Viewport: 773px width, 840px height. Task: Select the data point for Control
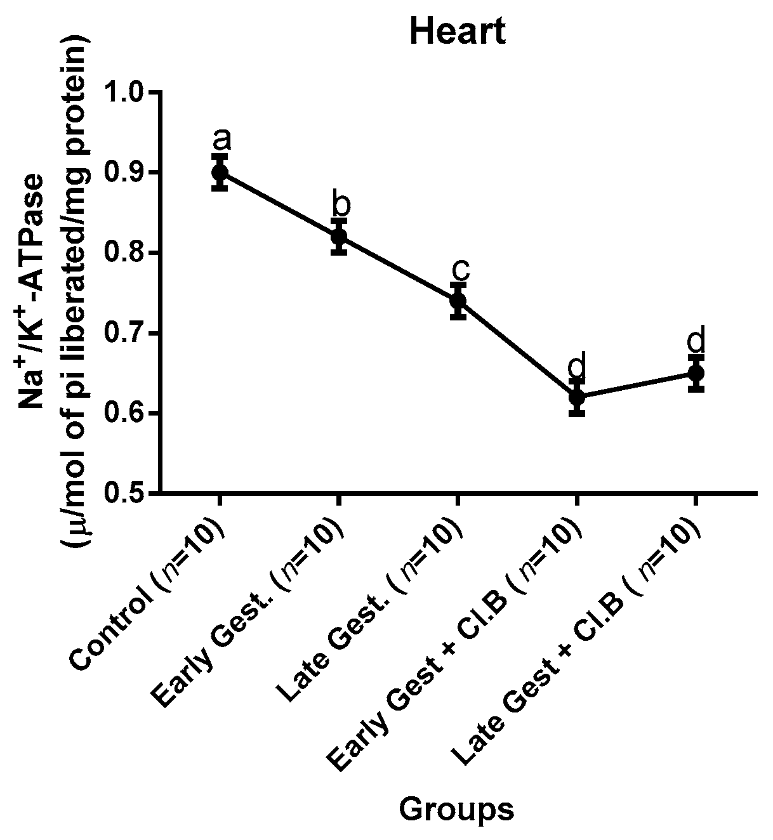[x=220, y=172]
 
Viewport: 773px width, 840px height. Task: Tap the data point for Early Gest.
[x=339, y=237]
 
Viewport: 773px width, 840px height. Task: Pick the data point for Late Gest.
[x=458, y=300]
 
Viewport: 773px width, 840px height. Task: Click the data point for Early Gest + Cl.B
[x=576, y=397]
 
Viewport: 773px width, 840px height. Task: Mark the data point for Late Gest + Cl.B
[x=696, y=373]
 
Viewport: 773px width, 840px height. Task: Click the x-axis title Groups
[x=456, y=809]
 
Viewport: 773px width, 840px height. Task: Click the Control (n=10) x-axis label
[x=149, y=596]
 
